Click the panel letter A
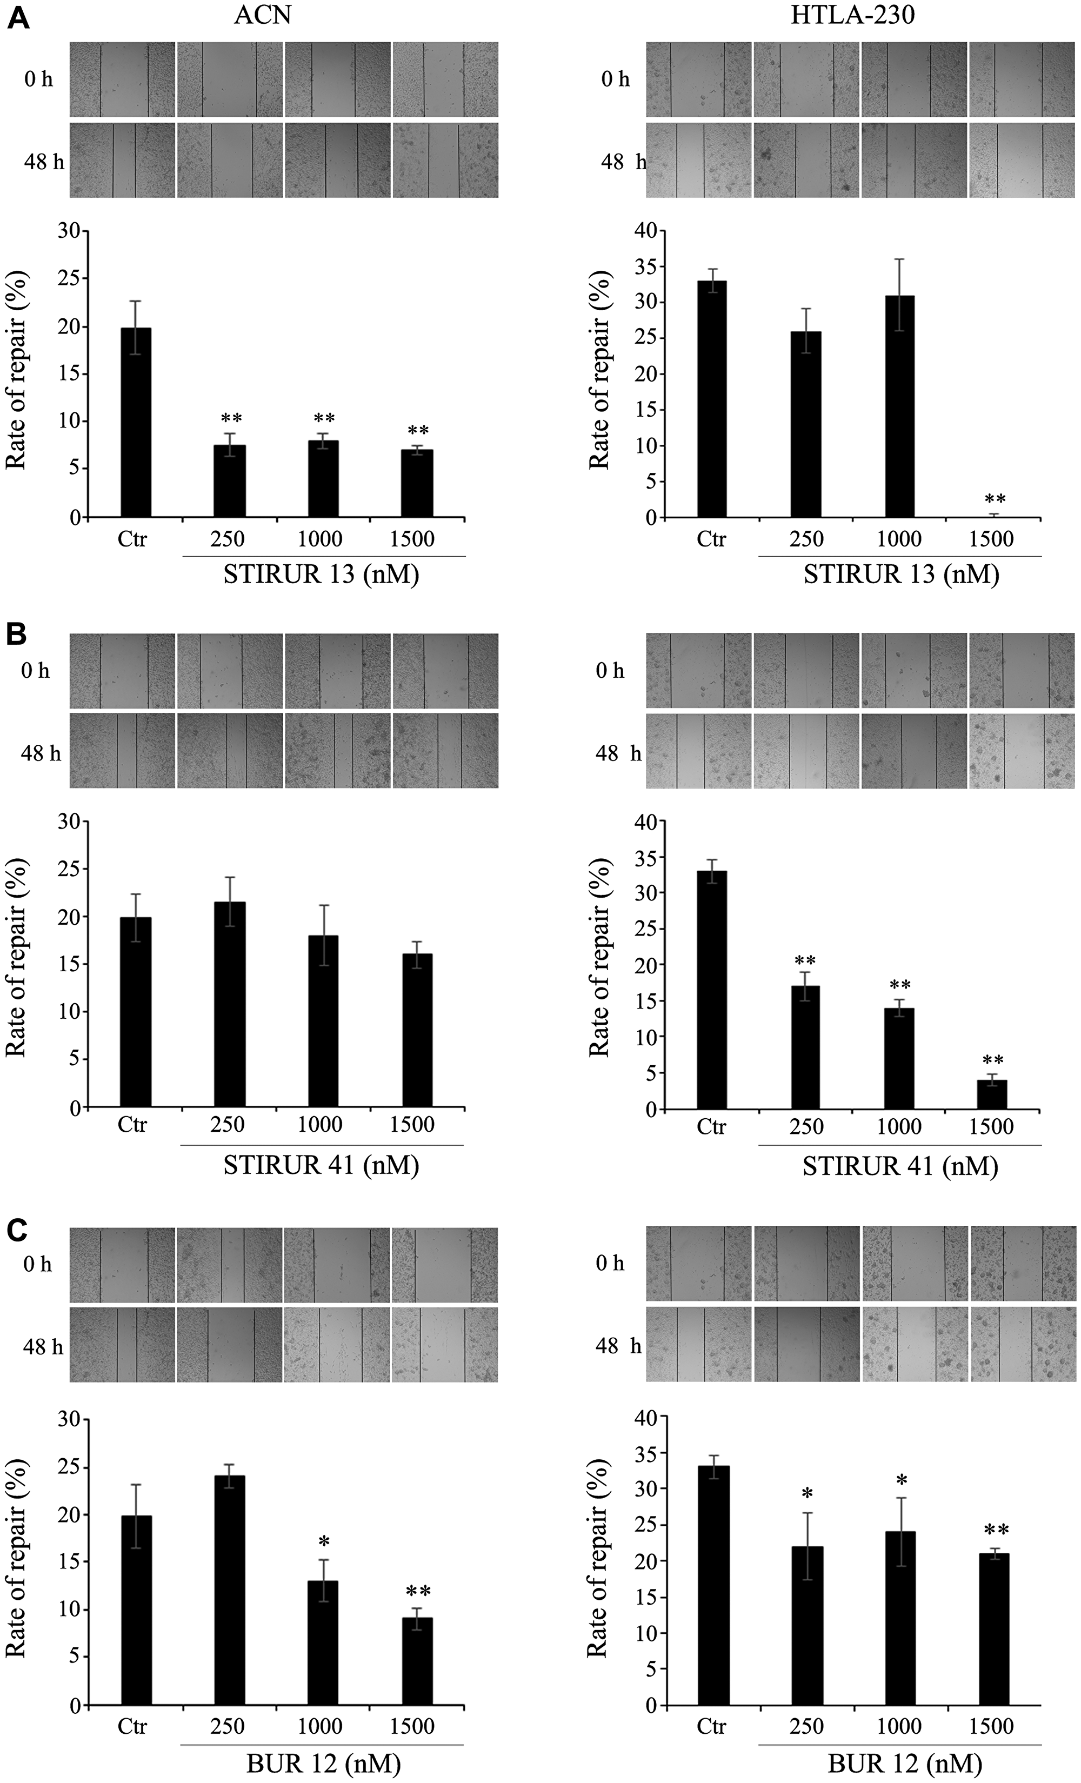(x=17, y=18)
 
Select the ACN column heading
(x=262, y=15)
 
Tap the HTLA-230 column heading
(x=852, y=15)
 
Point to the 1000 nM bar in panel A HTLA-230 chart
(x=899, y=406)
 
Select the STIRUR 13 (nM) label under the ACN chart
(x=321, y=574)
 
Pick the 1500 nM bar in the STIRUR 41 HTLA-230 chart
(x=992, y=1093)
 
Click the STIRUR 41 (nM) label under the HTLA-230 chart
(x=899, y=1166)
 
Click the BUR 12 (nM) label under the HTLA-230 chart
(x=904, y=1764)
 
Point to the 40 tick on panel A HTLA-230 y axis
(x=647, y=231)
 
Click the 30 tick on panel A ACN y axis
(x=70, y=231)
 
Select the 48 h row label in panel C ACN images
(x=43, y=1347)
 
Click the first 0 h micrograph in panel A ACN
(x=122, y=79)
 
